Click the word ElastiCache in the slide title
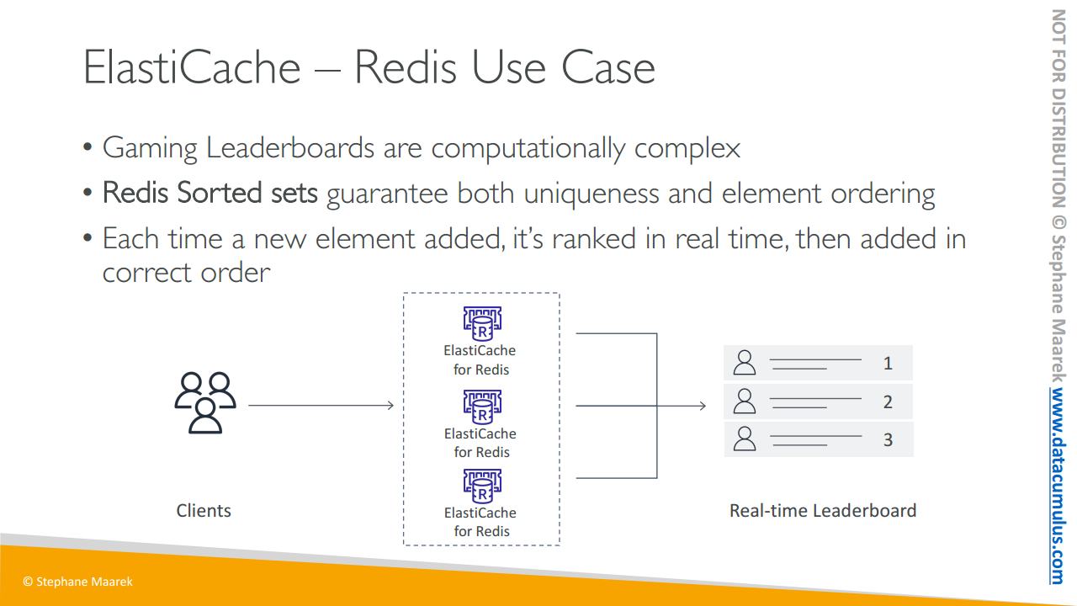pos(192,67)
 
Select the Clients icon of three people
pos(205,402)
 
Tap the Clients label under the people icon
pos(204,510)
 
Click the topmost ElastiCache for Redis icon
pos(482,324)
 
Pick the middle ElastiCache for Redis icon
pos(482,407)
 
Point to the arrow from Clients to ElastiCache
pos(321,406)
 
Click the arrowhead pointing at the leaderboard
pos(702,406)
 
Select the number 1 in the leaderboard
pos(888,364)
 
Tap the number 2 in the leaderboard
pos(888,402)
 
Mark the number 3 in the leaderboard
pos(888,439)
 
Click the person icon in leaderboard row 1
pos(745,363)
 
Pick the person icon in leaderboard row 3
pos(745,439)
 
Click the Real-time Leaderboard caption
pos(822,510)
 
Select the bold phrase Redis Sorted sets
pos(210,194)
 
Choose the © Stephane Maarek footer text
pos(77,582)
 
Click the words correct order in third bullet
pos(186,273)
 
